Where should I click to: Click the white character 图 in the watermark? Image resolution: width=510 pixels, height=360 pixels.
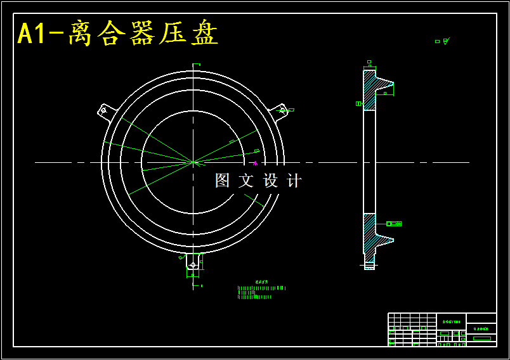click(x=222, y=181)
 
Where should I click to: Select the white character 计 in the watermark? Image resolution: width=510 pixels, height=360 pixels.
click(x=294, y=181)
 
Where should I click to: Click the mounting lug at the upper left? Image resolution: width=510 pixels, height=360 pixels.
click(x=105, y=110)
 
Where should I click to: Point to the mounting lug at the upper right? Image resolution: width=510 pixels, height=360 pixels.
click(x=280, y=110)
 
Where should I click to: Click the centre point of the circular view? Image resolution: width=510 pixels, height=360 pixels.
click(x=193, y=162)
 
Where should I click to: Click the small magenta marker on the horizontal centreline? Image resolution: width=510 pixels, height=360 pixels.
click(x=255, y=163)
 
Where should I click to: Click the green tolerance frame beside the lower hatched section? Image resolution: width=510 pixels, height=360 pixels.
click(x=394, y=224)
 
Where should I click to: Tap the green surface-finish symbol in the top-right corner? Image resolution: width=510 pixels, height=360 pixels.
click(x=442, y=41)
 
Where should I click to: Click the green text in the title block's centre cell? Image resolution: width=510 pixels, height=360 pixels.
click(x=451, y=322)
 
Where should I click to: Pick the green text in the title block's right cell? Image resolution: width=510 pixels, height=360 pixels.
click(x=481, y=330)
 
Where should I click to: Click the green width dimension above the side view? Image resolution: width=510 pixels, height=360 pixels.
click(x=369, y=62)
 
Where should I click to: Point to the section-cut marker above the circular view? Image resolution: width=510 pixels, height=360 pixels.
click(x=197, y=65)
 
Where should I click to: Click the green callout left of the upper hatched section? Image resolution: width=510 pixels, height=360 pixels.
click(x=358, y=103)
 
